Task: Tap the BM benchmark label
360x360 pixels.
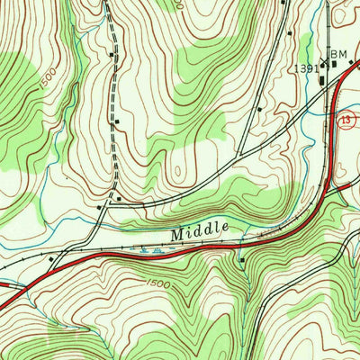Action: (x=337, y=56)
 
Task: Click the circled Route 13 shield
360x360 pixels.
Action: (x=347, y=119)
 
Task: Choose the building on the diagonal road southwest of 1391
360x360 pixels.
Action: (x=259, y=111)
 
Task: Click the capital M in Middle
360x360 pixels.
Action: (x=176, y=232)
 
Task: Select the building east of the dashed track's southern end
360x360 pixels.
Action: (x=119, y=199)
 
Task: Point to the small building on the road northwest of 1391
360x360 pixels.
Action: (x=288, y=34)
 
